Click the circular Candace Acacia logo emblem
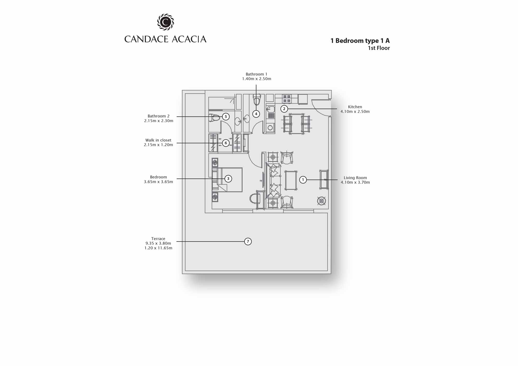coord(166,22)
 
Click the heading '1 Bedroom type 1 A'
coord(360,41)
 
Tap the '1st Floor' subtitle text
coord(379,48)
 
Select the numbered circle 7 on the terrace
coord(248,241)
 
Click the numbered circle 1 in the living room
coord(303,180)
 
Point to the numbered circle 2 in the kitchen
coord(284,109)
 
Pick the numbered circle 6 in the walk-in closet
coord(226,143)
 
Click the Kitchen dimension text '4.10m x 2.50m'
coord(355,112)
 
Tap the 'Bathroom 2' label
coord(159,116)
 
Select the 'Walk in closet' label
coord(158,140)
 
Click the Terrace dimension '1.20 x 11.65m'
coord(158,248)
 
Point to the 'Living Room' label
coord(355,178)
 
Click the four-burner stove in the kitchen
coord(287,99)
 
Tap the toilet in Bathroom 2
coord(214,118)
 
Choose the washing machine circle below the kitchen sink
coord(270,128)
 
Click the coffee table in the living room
coord(291,180)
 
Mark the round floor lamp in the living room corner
coord(321,201)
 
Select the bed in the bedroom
coord(227,180)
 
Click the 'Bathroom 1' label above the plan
coord(256,74)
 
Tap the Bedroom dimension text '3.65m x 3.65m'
coord(159,182)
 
